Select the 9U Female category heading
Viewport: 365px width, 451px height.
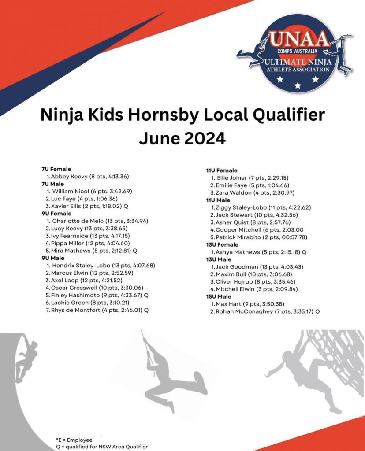[57, 214]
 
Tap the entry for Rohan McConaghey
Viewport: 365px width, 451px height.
[265, 311]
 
